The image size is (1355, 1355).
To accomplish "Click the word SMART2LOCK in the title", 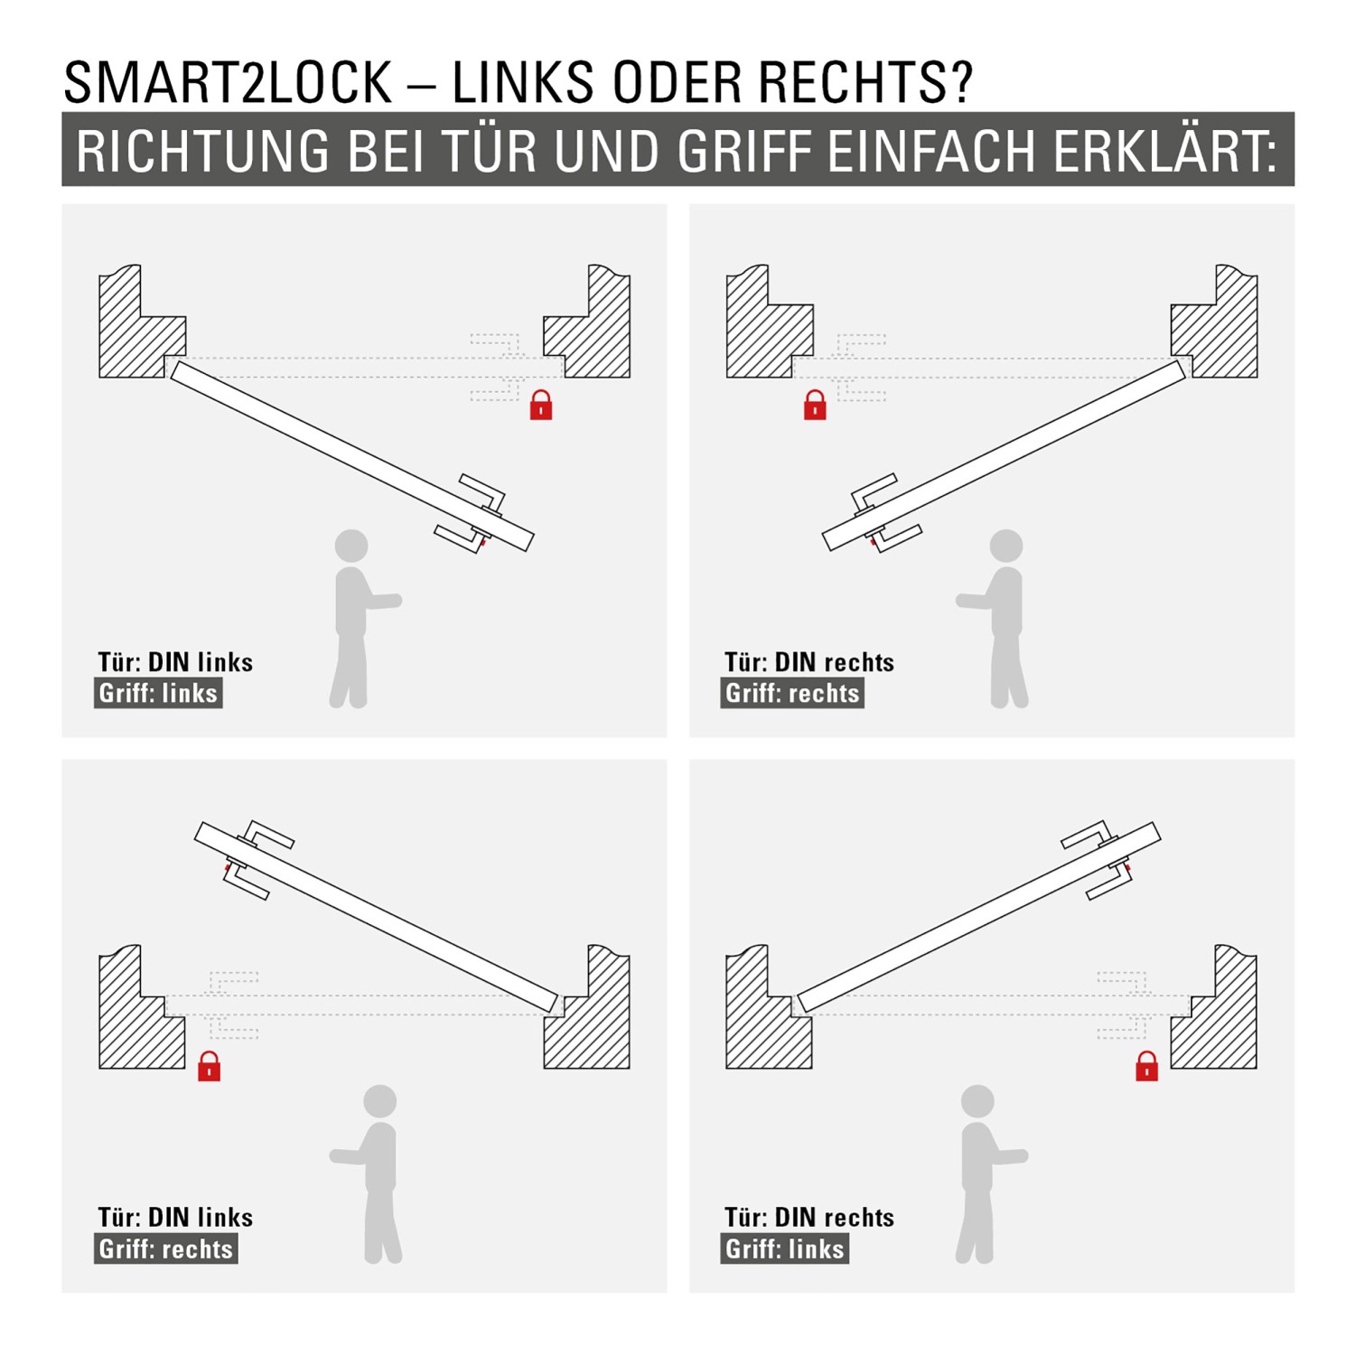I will point(228,83).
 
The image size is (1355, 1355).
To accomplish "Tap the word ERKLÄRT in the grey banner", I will point(1164,151).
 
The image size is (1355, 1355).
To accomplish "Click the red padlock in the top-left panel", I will point(541,405).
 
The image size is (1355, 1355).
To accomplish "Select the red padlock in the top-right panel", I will point(815,405).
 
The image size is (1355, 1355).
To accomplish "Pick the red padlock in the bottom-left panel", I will point(209,1066).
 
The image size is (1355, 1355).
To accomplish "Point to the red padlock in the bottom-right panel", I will point(1146,1066).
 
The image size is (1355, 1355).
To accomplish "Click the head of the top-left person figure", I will point(351,546).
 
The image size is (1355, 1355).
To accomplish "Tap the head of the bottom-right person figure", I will point(977,1101).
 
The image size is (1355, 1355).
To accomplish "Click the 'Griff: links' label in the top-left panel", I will point(158,694).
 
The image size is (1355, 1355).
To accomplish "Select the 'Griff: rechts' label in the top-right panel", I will point(792,694).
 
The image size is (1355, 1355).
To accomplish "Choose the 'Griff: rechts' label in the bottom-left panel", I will point(165,1249).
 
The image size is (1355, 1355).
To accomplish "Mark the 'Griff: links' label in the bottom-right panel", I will point(784,1249).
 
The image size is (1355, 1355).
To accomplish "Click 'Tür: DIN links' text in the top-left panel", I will point(175,662).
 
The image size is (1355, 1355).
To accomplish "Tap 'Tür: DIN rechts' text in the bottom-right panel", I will point(808,1218).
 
